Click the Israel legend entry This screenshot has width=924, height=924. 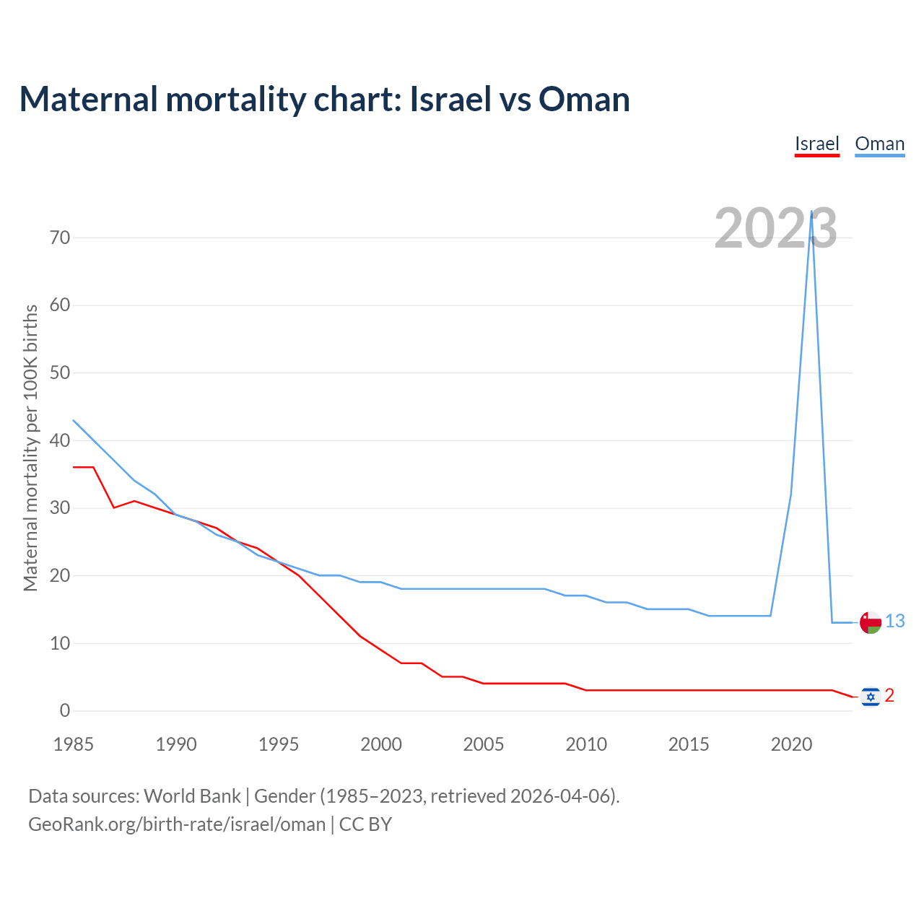tap(816, 144)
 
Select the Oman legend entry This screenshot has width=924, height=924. tap(879, 144)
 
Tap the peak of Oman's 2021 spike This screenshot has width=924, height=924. tap(811, 212)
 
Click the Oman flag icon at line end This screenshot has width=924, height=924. tap(871, 622)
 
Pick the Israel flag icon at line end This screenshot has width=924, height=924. tap(871, 696)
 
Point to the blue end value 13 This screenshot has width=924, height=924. tap(895, 621)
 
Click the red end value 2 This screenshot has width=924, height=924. tap(889, 695)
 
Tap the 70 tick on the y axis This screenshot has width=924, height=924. tap(60, 237)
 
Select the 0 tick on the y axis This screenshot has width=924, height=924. tap(65, 710)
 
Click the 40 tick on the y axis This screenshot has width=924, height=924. tap(60, 440)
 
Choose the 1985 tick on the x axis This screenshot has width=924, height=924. tap(74, 744)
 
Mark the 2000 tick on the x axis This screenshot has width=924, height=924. tap(381, 744)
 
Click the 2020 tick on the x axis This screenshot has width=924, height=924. tap(791, 744)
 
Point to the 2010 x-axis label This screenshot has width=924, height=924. tap(586, 744)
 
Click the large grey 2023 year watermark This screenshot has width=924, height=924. tap(775, 228)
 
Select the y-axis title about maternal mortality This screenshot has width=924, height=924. tap(30, 448)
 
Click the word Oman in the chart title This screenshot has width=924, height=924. tap(584, 99)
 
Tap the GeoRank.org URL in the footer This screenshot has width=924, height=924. tap(177, 824)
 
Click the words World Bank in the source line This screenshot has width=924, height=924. tap(192, 796)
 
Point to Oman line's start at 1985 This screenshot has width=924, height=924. tap(74, 420)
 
